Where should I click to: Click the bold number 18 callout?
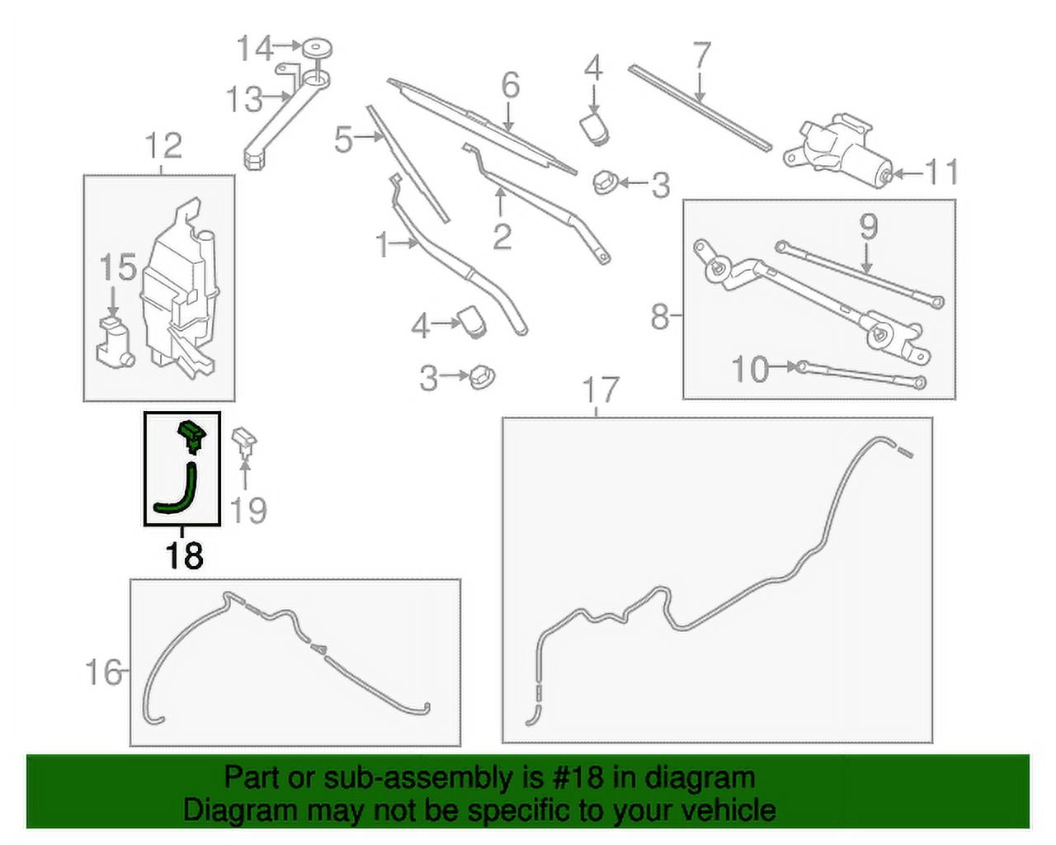(x=185, y=555)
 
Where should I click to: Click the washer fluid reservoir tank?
(x=180, y=290)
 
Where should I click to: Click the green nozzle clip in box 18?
(x=192, y=436)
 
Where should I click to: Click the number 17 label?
(x=601, y=389)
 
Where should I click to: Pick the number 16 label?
(x=103, y=673)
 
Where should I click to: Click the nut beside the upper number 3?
(x=604, y=183)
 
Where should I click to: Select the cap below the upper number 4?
(x=594, y=129)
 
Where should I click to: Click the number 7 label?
(x=701, y=55)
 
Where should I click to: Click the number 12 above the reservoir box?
(x=164, y=145)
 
